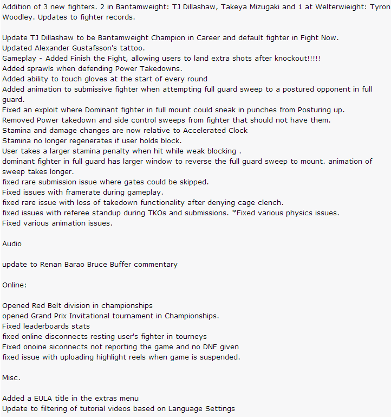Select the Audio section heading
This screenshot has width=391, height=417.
pos(12,244)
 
